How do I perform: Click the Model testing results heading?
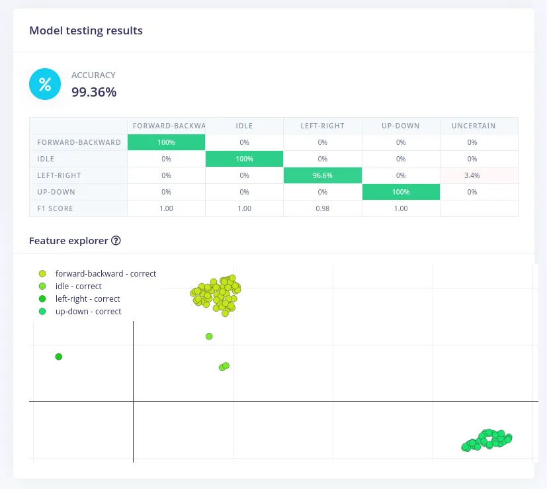(x=86, y=30)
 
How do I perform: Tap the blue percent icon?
(x=45, y=84)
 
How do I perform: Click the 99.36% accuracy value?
(x=94, y=93)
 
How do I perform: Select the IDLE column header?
(x=244, y=126)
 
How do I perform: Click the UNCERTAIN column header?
(x=473, y=126)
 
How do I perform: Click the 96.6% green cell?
(x=322, y=175)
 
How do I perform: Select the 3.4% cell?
(x=472, y=175)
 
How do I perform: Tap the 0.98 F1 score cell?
(x=322, y=208)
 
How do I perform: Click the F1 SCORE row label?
(x=56, y=208)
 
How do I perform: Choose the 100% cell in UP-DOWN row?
(x=401, y=192)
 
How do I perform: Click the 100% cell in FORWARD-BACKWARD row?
(x=166, y=142)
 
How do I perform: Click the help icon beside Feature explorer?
(x=116, y=241)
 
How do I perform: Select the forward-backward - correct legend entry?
(x=105, y=273)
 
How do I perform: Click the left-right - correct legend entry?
(x=87, y=299)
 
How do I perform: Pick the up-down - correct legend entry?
(x=88, y=312)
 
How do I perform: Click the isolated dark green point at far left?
(x=59, y=357)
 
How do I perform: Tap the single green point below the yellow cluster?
(x=209, y=336)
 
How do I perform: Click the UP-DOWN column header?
(x=401, y=126)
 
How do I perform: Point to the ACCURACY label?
(x=93, y=75)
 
